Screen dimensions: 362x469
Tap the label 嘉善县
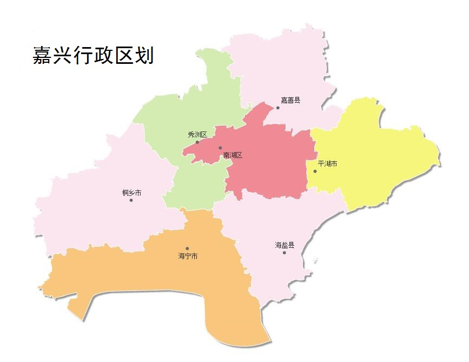[290, 100]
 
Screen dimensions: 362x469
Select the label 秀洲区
[197, 135]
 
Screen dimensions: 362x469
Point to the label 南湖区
[233, 155]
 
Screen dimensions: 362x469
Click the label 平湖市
[327, 163]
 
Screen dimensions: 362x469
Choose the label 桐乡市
[132, 193]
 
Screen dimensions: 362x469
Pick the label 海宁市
[188, 256]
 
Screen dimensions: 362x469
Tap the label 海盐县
[285, 245]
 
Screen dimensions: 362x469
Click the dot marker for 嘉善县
[278, 108]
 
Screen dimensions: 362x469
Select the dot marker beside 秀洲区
[197, 142]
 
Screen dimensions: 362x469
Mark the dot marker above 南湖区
[220, 148]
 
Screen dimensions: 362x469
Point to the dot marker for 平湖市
[315, 172]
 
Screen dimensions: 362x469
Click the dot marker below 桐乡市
[131, 200]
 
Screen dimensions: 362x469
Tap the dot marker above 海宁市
[188, 248]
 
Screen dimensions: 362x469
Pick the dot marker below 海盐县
[284, 253]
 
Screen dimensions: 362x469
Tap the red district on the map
[270, 162]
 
